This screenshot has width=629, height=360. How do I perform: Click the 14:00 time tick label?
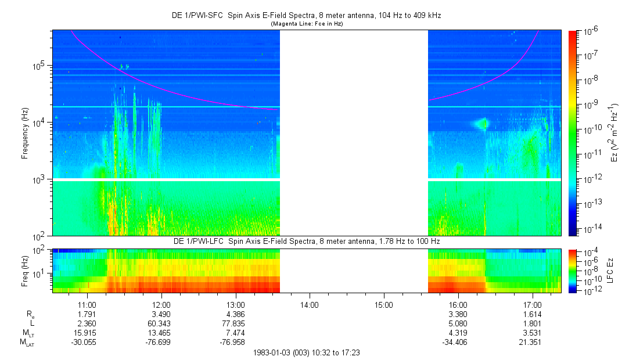[x=310, y=304]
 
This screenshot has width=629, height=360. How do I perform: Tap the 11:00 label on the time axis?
[x=87, y=304]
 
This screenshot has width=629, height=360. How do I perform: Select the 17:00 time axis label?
[x=533, y=304]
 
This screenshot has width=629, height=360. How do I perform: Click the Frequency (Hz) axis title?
[x=26, y=134]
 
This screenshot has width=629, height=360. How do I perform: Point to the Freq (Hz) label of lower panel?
[x=26, y=271]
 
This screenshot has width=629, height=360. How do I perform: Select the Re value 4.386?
[x=235, y=314]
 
